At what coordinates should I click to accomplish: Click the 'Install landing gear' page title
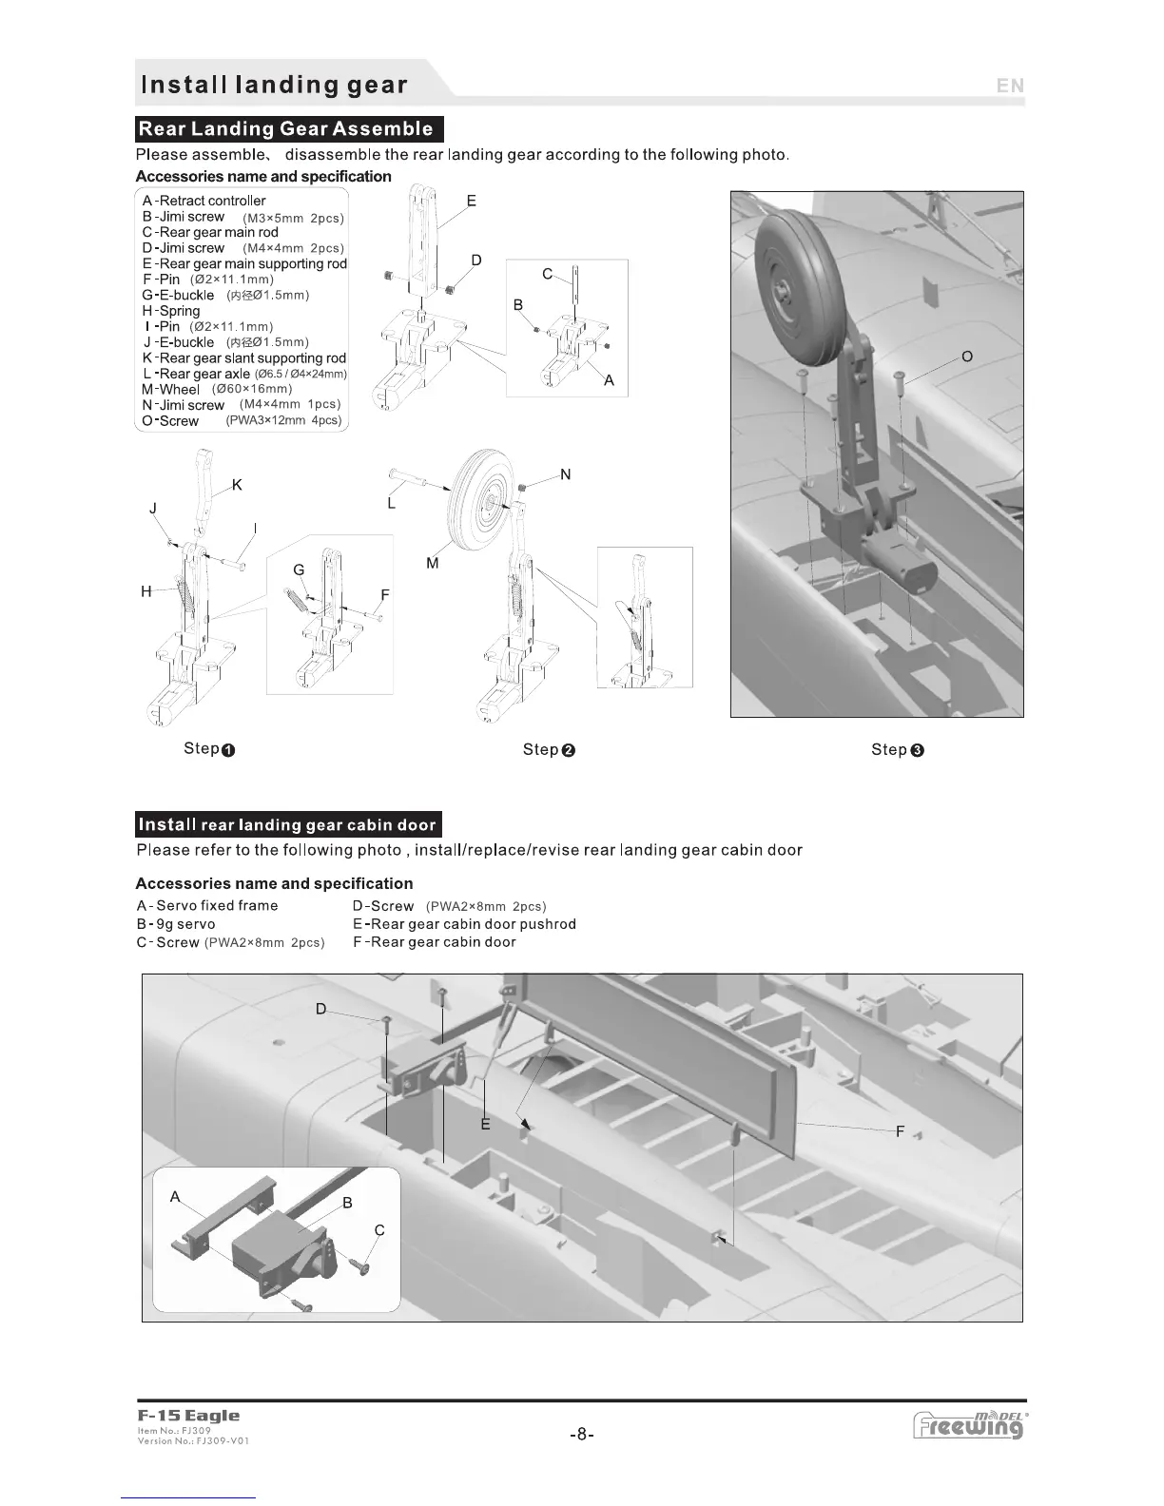coord(274,85)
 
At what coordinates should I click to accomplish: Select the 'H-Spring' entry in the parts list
coord(171,311)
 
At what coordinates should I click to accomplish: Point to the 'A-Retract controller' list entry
coord(204,201)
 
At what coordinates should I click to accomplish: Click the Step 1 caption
coord(209,749)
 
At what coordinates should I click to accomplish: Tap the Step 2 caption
coord(550,750)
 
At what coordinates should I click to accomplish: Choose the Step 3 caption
coord(898,750)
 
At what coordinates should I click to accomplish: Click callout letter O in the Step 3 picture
coord(967,357)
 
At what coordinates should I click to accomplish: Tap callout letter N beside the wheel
coord(566,474)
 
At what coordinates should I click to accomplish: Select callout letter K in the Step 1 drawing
coord(237,485)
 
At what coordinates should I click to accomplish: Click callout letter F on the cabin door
coord(900,1131)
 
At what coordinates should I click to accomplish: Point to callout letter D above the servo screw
coord(321,1009)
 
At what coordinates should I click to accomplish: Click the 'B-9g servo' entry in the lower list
coord(176,924)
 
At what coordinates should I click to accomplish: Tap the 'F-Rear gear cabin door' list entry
coord(434,942)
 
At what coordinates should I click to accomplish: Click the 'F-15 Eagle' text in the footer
coord(188,1417)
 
